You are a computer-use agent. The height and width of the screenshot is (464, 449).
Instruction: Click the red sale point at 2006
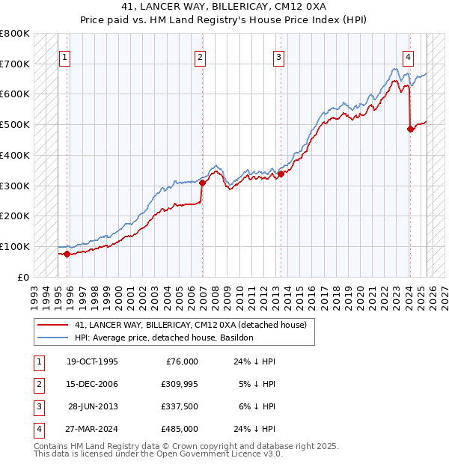point(202,183)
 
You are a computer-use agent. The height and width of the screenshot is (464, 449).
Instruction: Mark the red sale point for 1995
point(67,254)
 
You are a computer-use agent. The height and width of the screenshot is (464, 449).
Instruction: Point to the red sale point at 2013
point(281,174)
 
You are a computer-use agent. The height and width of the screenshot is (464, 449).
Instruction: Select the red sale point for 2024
point(411,129)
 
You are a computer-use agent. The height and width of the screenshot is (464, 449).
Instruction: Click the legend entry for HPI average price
point(164,338)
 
